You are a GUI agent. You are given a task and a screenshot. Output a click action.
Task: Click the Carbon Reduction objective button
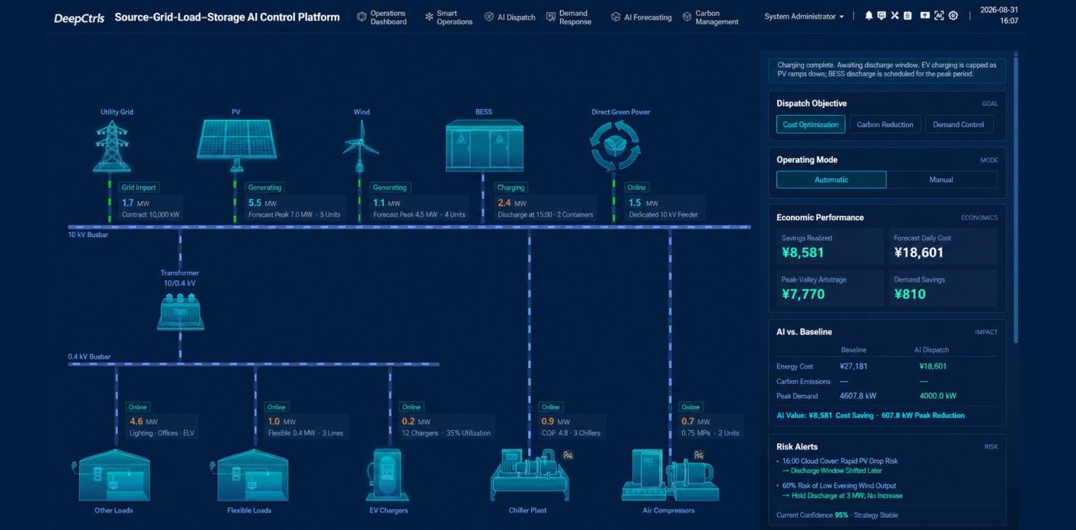[x=885, y=124]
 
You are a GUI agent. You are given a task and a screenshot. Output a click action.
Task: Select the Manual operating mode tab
[x=941, y=180]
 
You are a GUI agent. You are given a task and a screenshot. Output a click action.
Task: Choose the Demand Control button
[x=959, y=124]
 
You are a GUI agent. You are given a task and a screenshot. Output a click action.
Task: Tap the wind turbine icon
[x=360, y=146]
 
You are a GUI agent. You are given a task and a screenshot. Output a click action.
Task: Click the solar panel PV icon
[x=236, y=145]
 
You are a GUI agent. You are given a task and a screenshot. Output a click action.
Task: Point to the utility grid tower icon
[x=112, y=146]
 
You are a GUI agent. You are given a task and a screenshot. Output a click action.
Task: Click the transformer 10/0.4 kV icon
[x=181, y=311]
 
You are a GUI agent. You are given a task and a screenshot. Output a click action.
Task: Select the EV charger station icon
[x=387, y=475]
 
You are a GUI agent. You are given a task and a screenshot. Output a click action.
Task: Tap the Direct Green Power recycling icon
[x=615, y=145]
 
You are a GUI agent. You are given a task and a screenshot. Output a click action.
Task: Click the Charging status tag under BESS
[x=511, y=187]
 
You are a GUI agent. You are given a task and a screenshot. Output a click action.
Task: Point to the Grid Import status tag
[x=139, y=187]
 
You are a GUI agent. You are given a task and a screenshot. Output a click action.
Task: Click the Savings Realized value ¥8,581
[x=802, y=253]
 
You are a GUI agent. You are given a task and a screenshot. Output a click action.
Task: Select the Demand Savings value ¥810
[x=910, y=294]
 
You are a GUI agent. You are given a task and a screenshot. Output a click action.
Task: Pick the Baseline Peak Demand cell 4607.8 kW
[x=858, y=396]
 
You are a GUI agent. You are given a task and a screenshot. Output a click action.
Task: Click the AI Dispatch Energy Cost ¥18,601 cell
[x=933, y=366]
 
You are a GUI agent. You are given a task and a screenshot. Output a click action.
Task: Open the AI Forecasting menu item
[x=642, y=18]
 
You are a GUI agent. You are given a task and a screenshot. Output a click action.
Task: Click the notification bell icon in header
[x=869, y=16]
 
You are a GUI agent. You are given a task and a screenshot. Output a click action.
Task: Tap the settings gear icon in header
[x=953, y=16]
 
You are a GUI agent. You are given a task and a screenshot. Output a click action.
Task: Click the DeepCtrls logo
[x=78, y=18]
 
